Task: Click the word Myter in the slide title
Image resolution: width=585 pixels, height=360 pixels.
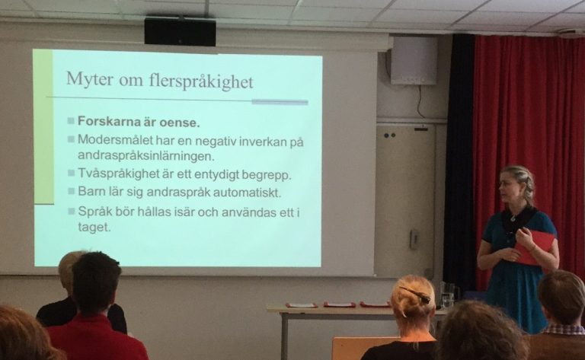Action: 90,79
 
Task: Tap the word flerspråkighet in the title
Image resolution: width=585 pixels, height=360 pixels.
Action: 201,81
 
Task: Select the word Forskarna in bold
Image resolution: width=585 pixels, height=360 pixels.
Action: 107,122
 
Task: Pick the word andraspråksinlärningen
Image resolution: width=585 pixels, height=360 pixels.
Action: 146,156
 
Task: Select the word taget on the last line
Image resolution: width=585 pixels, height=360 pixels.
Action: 94,227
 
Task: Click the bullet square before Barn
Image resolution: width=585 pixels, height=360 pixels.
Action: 72,191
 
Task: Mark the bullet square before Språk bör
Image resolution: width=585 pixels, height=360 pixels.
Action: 72,211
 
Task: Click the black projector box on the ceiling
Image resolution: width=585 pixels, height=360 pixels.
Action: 180,31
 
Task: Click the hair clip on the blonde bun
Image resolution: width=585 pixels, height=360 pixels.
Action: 416,294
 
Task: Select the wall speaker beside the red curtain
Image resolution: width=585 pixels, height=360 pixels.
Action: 414,59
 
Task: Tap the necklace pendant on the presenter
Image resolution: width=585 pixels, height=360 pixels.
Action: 513,218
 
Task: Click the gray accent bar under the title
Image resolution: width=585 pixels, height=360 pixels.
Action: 280,102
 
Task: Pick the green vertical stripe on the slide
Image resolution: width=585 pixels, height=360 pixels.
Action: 43,126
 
